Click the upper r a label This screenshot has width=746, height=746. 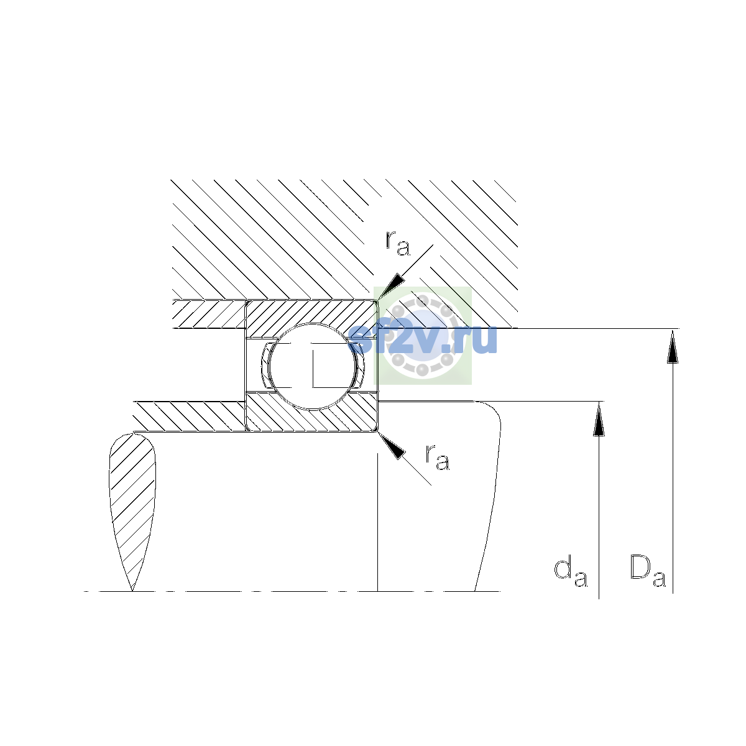click(398, 243)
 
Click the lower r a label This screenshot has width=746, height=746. click(438, 457)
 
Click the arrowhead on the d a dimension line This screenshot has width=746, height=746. click(599, 418)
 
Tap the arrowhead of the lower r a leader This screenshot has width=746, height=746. click(392, 446)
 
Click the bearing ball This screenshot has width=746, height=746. click(312, 366)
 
